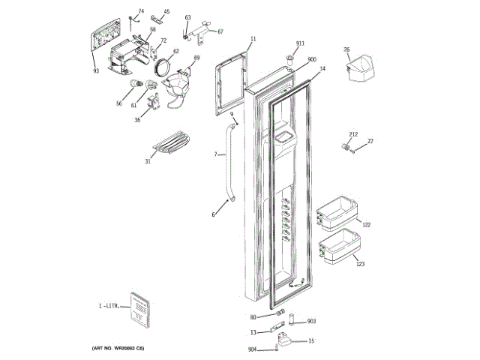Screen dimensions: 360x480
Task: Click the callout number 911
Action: [300, 44]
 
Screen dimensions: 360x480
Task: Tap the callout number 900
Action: [312, 59]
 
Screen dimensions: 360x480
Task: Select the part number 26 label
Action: [346, 49]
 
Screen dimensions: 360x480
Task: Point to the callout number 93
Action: [96, 71]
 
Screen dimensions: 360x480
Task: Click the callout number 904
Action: [252, 349]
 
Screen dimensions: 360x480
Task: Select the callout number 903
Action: [311, 322]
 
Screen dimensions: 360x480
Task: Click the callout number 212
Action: [353, 135]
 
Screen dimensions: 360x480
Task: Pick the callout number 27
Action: [370, 141]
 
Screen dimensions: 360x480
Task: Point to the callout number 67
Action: [220, 31]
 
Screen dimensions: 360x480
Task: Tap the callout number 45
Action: [166, 12]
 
